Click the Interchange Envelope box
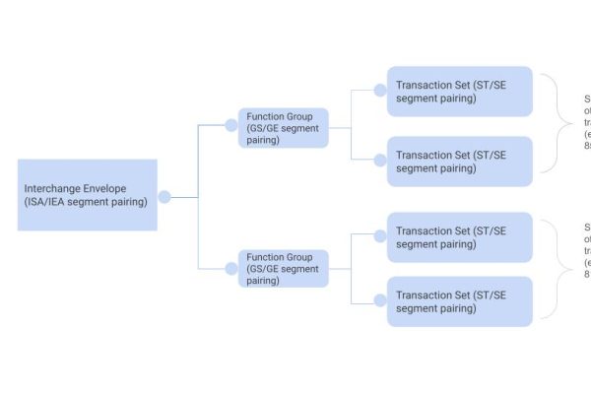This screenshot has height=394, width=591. point(87,195)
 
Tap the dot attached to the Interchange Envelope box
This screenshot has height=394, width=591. point(164,197)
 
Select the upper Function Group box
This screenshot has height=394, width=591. point(283,128)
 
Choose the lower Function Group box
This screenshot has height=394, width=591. point(283,268)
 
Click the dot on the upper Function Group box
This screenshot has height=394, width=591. point(231,125)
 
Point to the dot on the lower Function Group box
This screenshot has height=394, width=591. point(231,267)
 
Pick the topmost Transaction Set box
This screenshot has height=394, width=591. point(459,92)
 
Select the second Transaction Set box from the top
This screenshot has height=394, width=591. point(459,161)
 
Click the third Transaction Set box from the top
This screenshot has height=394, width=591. point(459,237)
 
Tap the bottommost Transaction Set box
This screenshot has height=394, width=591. point(459,301)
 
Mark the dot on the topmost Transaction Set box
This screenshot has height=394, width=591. point(380,91)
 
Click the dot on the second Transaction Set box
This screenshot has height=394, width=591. point(380,160)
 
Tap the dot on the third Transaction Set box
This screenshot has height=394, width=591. point(380,235)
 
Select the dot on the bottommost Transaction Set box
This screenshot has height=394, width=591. point(380,301)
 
